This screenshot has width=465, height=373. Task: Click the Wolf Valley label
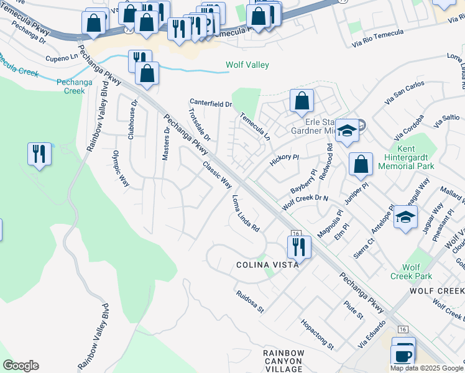point(247,65)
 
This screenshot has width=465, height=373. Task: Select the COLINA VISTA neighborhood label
point(267,264)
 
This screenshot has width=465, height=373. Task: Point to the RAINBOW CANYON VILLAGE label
point(283,361)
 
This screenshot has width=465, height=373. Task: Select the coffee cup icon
point(403,355)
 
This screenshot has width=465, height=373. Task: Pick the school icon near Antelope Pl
point(405,218)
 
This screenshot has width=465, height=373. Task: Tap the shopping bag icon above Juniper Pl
point(361,165)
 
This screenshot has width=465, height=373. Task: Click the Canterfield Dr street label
point(211,103)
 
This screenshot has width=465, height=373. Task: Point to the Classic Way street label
point(217,175)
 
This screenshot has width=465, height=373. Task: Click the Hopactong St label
point(318,334)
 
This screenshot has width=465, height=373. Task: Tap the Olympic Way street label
point(121,168)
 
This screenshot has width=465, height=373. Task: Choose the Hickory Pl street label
point(284,161)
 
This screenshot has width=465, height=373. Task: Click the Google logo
point(21,366)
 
